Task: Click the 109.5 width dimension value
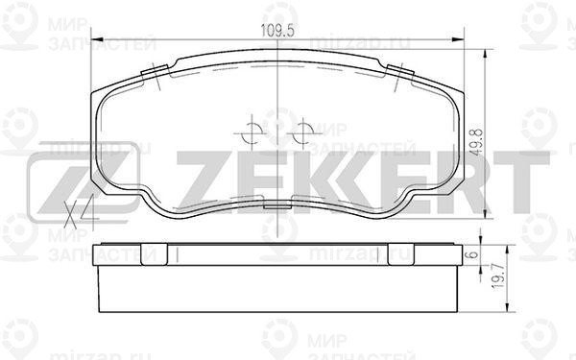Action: click(x=277, y=30)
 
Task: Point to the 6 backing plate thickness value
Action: click(x=474, y=254)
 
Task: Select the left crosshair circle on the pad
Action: click(x=252, y=132)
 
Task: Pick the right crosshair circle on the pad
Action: click(x=303, y=132)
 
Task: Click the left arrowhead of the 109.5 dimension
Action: click(x=96, y=39)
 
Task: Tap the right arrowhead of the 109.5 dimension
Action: click(x=457, y=39)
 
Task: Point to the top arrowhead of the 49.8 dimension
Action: click(x=486, y=54)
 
